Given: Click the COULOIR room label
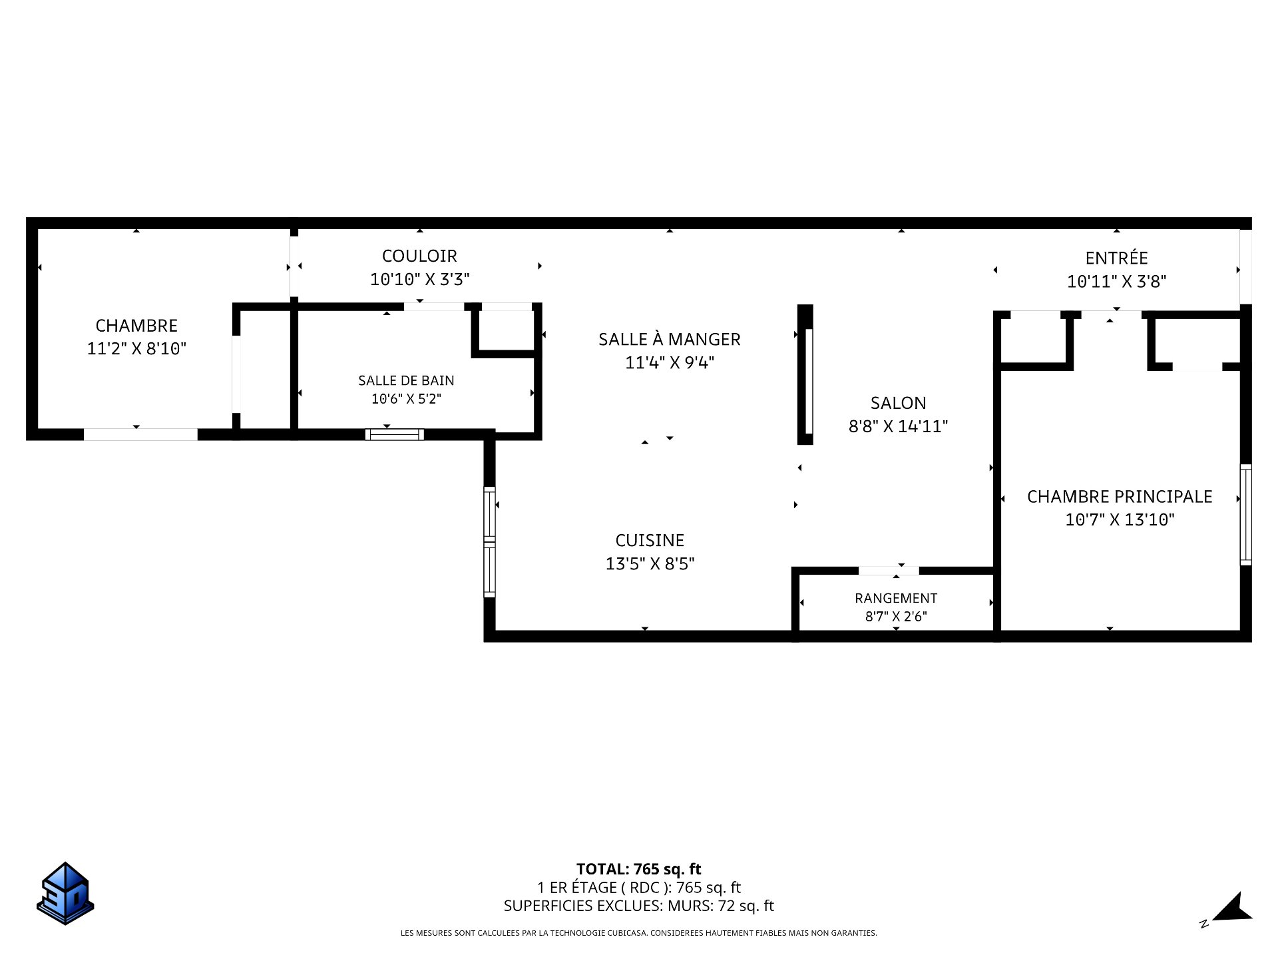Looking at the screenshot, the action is pyautogui.click(x=419, y=256).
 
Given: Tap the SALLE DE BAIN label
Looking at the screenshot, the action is pyautogui.click(x=406, y=380).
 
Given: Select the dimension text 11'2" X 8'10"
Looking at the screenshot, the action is pyautogui.click(x=136, y=348).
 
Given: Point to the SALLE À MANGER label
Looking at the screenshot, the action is pyautogui.click(x=669, y=339).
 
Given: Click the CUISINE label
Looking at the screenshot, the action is pyautogui.click(x=650, y=540).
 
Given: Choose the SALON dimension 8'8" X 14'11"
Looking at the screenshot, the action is pyautogui.click(x=898, y=426).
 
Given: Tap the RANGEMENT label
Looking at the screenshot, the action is pyautogui.click(x=896, y=598).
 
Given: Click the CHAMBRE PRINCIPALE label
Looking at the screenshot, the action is pyautogui.click(x=1120, y=496).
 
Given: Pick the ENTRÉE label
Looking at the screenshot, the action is pyautogui.click(x=1116, y=258).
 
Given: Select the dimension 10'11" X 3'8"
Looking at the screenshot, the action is pyautogui.click(x=1116, y=282).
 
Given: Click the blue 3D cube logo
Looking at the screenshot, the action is pyautogui.click(x=65, y=893).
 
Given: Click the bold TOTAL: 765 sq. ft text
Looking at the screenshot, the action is pyautogui.click(x=639, y=869).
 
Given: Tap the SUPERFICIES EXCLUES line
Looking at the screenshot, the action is pyautogui.click(x=639, y=906).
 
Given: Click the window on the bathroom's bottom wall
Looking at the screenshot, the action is pyautogui.click(x=395, y=435).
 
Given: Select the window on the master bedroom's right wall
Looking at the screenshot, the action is pyautogui.click(x=1245, y=515).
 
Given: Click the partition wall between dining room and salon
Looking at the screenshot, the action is pyautogui.click(x=805, y=374).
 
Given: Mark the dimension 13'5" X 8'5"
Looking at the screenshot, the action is pyautogui.click(x=650, y=564).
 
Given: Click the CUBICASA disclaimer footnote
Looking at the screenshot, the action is pyautogui.click(x=639, y=933).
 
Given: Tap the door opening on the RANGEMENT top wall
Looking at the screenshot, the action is pyautogui.click(x=889, y=571).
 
